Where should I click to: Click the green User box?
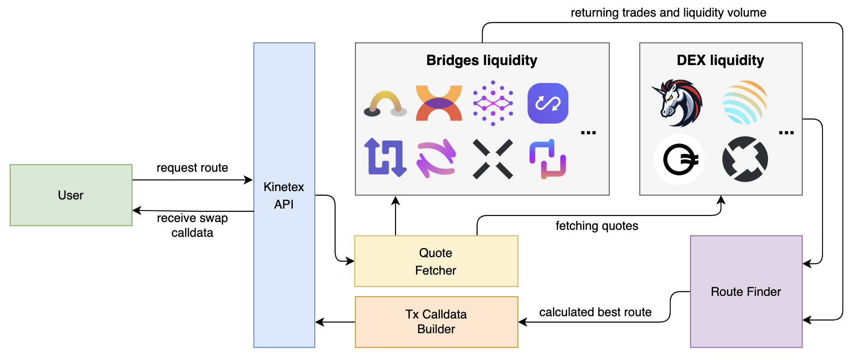pos(71,195)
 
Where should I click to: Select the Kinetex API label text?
pos(283,195)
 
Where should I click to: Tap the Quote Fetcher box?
pos(436,261)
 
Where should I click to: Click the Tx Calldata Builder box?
pos(436,322)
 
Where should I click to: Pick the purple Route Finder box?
pos(746,292)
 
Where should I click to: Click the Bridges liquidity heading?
pos(481,60)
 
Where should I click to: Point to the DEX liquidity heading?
pos(720,60)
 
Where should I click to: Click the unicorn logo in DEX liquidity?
pos(678,103)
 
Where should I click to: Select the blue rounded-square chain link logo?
pos(547,103)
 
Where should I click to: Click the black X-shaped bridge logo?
pos(493,159)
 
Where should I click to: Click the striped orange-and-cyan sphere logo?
pos(745,102)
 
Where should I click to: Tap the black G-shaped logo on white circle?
pos(679,160)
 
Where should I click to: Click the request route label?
pos(192,168)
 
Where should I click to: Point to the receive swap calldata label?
pos(192,225)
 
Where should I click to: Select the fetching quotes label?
pos(596,226)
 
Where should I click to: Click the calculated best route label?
pos(595,312)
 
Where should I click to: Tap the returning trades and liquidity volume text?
pos(668,12)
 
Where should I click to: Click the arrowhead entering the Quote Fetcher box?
pos(350,261)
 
